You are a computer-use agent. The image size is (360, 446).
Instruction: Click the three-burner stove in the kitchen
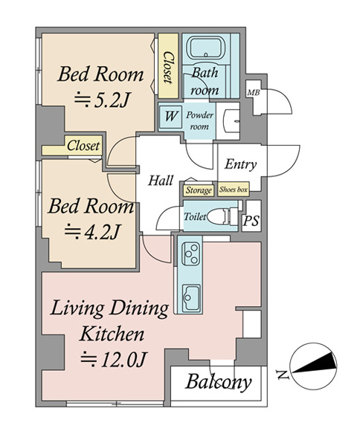pos(190,253)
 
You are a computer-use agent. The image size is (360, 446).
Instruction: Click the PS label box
pos(251,221)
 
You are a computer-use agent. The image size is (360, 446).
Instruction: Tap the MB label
pos(253,92)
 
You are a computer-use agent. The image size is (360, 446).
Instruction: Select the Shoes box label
pos(234,190)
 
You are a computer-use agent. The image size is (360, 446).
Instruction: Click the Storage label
pos(199,190)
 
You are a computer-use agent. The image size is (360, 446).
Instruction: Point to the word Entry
pos(240,164)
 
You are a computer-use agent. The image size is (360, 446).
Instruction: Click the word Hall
pos(161,181)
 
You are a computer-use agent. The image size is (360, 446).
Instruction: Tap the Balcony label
pos(218,382)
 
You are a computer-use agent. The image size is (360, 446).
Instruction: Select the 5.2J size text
pos(102,100)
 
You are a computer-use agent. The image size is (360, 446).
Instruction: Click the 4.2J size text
pos(91,231)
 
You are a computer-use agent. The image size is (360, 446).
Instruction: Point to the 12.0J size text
pos(113,359)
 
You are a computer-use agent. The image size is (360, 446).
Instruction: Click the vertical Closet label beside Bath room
pos(168,68)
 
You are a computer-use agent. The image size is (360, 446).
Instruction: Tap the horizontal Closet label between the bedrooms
pos(83,146)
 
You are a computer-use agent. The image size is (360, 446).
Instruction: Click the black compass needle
pos(314,365)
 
